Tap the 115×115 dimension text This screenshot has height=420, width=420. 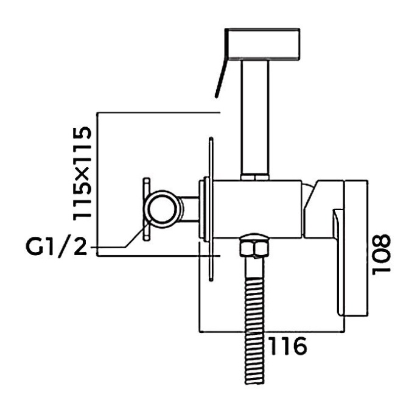(x=81, y=173)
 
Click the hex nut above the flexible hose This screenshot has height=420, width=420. (x=254, y=248)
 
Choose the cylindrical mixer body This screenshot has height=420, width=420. (x=259, y=207)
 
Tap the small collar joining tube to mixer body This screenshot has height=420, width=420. (x=254, y=177)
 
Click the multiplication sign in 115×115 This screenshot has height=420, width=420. (x=81, y=174)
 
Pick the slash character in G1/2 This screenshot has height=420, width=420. (x=68, y=248)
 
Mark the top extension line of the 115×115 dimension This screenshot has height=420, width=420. (x=158, y=112)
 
